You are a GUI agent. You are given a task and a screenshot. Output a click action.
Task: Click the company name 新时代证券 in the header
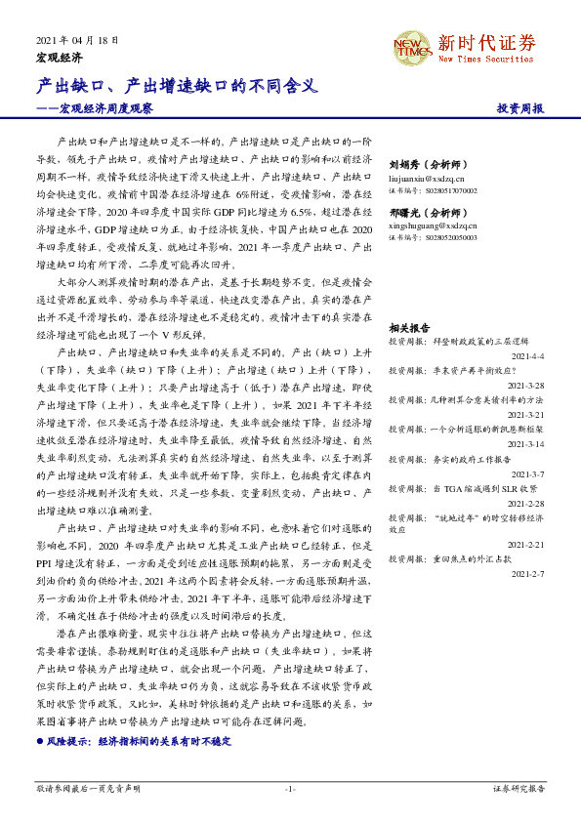(486, 42)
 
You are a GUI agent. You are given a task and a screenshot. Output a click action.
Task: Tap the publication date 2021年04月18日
(77, 40)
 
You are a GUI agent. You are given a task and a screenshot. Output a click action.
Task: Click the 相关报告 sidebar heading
(409, 328)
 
